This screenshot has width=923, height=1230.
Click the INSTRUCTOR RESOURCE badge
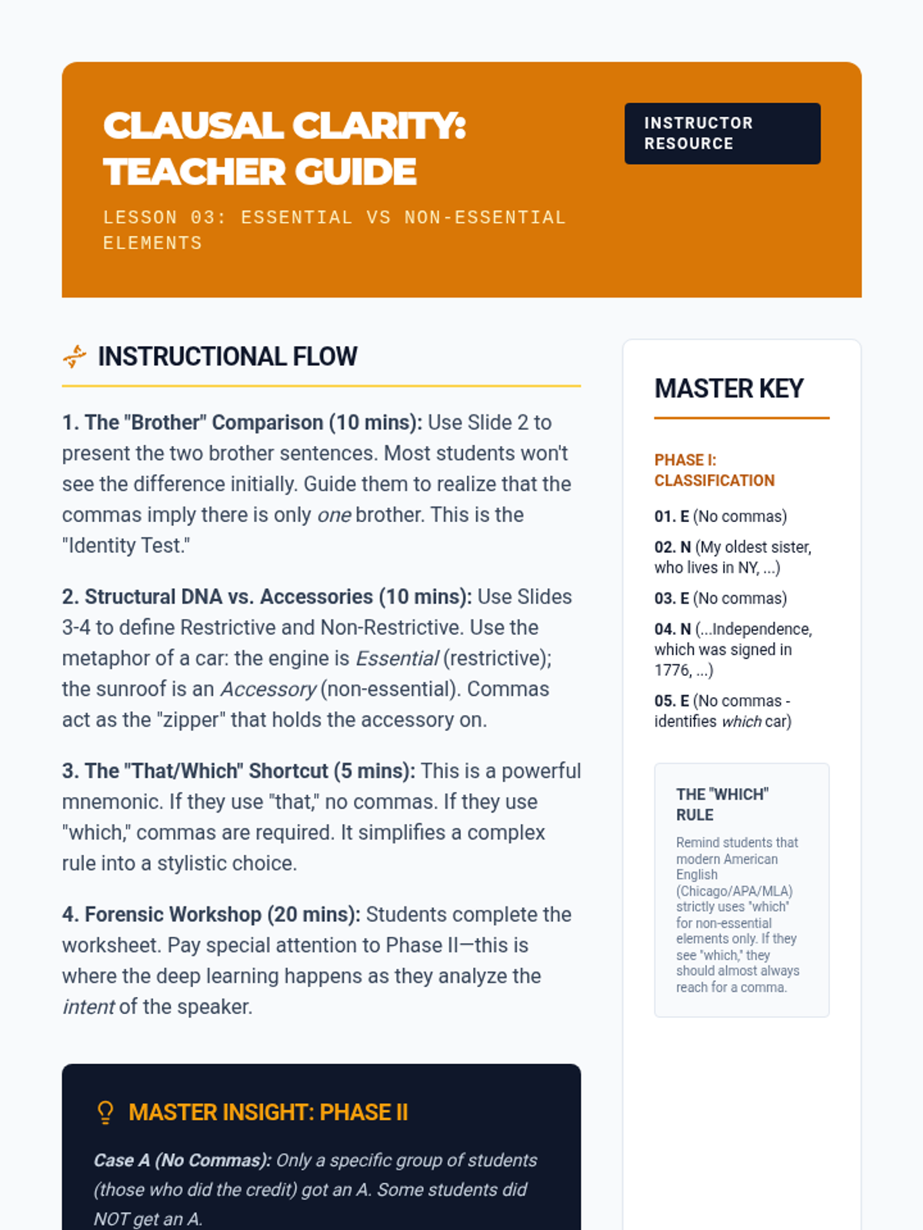tap(722, 133)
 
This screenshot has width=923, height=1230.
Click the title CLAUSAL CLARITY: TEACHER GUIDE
tap(285, 148)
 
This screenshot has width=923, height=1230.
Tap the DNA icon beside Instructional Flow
tap(75, 357)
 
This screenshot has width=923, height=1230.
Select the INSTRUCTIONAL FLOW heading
tap(228, 357)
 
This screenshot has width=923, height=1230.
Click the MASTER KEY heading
tap(728, 389)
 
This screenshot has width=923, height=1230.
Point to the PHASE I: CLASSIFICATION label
tap(714, 470)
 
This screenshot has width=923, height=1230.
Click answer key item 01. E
tap(671, 517)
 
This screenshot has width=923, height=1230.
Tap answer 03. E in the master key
tap(671, 599)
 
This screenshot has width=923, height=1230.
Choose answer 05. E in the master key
tap(671, 701)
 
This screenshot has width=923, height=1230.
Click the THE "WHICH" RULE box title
tap(721, 804)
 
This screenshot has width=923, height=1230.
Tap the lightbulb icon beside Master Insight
tap(105, 1112)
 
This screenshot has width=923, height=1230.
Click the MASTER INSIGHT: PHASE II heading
tap(268, 1112)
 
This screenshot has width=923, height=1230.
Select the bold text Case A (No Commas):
tap(182, 1160)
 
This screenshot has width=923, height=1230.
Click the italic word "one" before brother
tap(334, 515)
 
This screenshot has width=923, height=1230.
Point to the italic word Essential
tap(397, 659)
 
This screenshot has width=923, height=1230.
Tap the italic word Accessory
tap(268, 690)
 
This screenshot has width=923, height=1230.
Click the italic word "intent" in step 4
tap(88, 1007)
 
